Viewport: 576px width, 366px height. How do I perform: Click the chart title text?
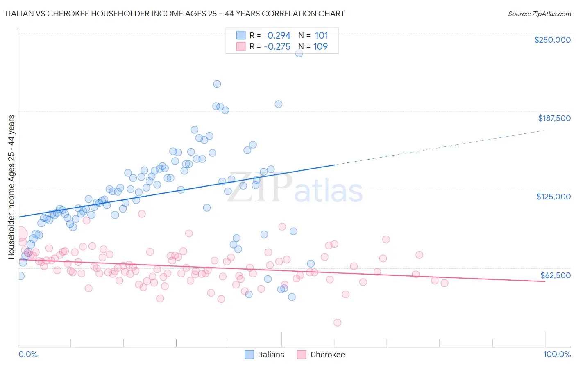(x=175, y=14)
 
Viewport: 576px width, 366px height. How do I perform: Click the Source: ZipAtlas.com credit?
(x=539, y=14)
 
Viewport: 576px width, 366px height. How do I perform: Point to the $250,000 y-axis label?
(x=552, y=40)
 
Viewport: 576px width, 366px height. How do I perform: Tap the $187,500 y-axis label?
(x=554, y=118)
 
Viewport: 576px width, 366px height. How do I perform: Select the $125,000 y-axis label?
(x=553, y=197)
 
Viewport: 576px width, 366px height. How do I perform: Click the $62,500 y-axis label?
(x=555, y=275)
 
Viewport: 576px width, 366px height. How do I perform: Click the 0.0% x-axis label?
(x=28, y=354)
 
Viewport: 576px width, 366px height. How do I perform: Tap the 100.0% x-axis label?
(x=557, y=354)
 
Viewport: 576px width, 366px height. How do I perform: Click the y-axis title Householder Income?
(x=11, y=187)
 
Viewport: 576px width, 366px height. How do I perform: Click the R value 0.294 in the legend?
(x=279, y=36)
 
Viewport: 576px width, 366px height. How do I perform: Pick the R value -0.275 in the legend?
(x=277, y=47)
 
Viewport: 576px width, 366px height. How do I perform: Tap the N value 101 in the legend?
(x=321, y=36)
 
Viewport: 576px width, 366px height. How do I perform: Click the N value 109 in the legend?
(x=320, y=47)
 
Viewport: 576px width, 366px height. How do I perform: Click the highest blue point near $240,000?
(x=299, y=53)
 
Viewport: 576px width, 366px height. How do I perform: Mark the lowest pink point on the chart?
(x=338, y=323)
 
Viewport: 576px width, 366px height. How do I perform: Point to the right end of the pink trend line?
(x=545, y=281)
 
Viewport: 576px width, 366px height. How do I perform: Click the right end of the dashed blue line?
(x=545, y=130)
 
